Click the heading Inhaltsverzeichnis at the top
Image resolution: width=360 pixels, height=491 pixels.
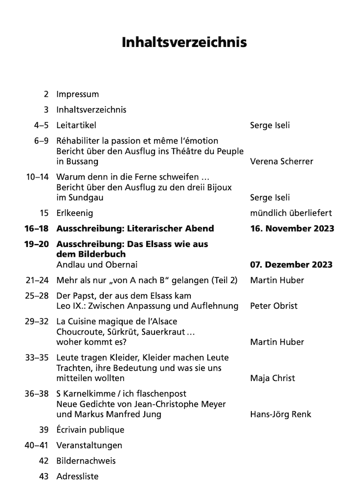(184, 42)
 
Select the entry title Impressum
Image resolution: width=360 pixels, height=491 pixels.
(77, 94)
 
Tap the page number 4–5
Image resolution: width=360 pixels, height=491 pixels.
(42, 125)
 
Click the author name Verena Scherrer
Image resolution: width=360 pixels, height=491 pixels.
(281, 161)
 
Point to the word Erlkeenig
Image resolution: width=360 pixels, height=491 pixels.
(74, 213)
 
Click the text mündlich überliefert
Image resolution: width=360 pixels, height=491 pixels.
(291, 213)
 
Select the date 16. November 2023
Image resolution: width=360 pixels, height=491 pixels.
(292, 228)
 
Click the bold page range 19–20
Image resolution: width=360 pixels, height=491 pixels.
(36, 244)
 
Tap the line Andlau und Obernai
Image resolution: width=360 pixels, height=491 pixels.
(97, 265)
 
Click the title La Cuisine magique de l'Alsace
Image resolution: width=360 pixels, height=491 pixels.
(116, 321)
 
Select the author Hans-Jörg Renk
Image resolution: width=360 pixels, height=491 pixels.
(280, 414)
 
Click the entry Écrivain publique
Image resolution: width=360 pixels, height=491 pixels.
(90, 430)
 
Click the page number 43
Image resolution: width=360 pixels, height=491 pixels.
(44, 476)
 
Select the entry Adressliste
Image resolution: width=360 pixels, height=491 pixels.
(77, 476)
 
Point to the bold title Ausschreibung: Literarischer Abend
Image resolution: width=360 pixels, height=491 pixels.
(135, 228)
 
